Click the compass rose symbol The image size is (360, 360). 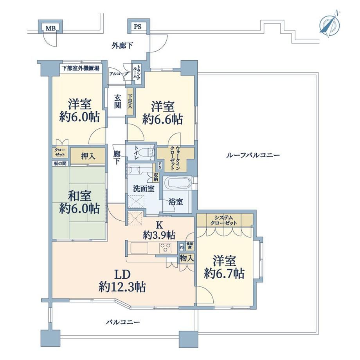(330, 24)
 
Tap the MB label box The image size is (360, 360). (50, 28)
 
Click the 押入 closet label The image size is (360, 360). (88, 156)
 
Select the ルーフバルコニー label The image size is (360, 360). (253, 155)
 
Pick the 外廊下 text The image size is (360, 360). (122, 45)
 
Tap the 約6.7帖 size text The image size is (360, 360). (224, 273)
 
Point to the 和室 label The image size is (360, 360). (79, 196)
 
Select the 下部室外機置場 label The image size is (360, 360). (80, 68)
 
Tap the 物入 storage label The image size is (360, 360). (187, 258)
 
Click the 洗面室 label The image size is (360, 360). (144, 189)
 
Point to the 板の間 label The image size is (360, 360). (60, 163)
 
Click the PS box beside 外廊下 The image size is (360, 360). (137, 27)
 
